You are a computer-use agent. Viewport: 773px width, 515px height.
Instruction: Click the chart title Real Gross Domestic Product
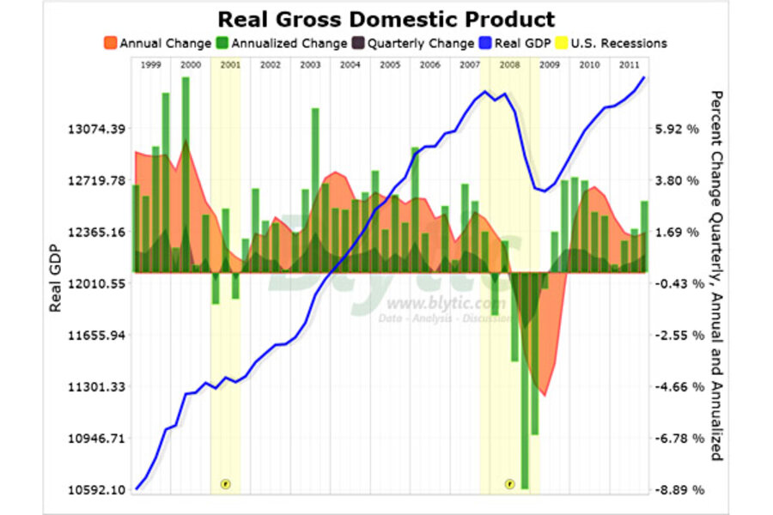coord(386,19)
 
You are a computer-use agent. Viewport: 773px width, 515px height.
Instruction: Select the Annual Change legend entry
coord(156,43)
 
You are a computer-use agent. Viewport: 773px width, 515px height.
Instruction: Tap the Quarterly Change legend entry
coord(411,43)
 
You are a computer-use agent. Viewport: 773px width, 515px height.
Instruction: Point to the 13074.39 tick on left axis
coord(97,129)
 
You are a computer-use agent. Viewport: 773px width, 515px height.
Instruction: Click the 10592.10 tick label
coord(97,490)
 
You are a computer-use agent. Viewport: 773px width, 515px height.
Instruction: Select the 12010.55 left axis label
coord(97,283)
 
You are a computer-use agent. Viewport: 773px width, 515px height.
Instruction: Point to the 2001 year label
coord(230,65)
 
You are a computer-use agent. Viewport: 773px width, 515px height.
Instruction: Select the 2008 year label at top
coord(509,65)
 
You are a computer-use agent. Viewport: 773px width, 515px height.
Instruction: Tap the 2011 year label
coord(629,65)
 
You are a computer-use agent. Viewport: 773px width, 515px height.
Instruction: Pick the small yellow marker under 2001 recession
coord(226,484)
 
